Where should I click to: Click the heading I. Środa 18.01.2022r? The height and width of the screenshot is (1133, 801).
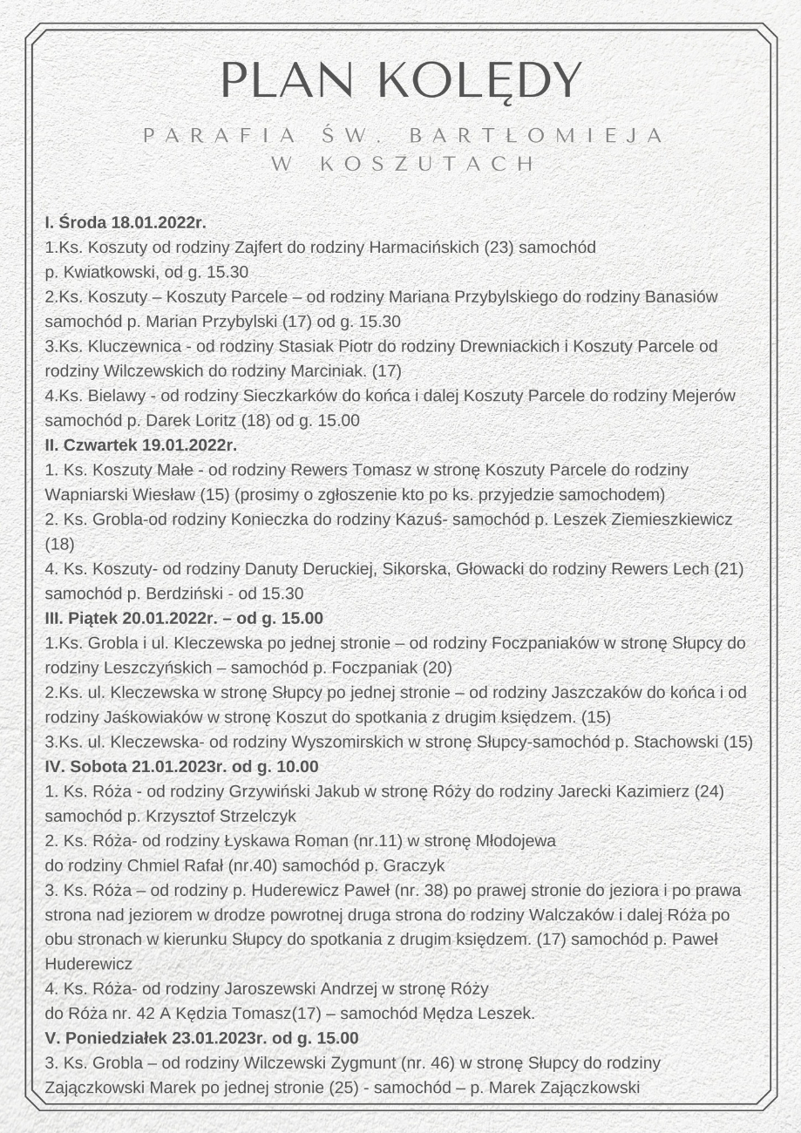(126, 222)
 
